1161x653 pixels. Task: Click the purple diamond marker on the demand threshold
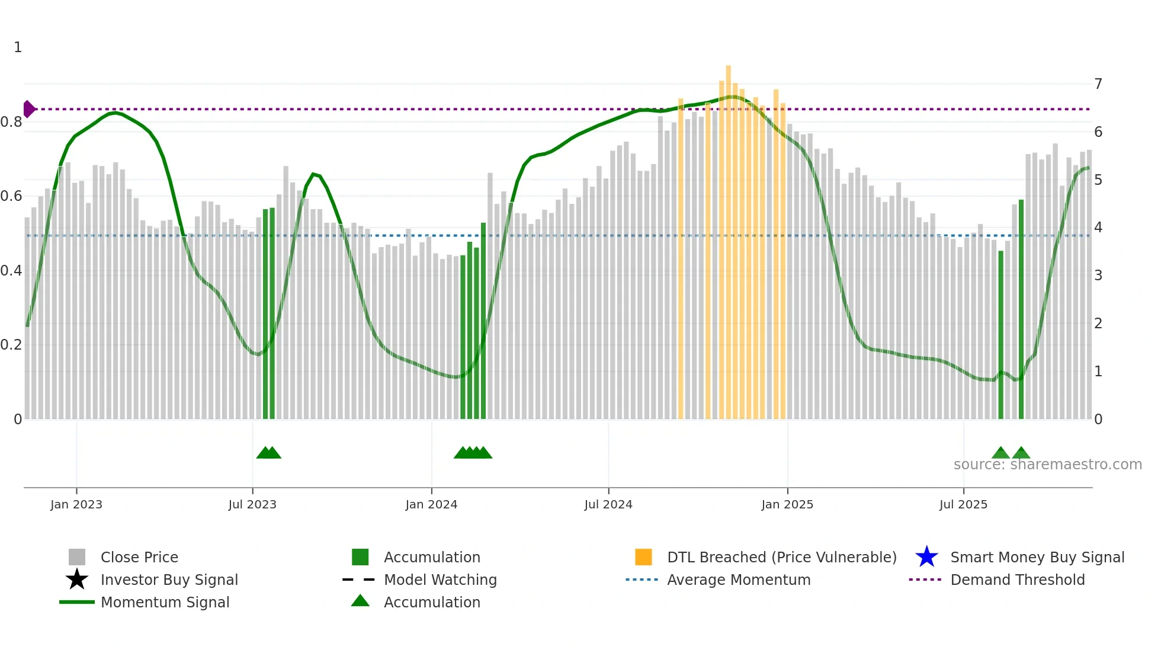28,109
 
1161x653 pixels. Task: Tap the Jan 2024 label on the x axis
431,504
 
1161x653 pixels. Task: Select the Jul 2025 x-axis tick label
963,504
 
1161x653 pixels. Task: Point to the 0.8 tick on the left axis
11,122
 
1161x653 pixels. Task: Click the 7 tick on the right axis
1098,84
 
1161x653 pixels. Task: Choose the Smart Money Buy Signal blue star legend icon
926,557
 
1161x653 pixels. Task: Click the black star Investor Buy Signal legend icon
77,580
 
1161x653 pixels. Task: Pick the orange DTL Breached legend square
643,557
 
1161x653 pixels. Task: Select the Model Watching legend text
440,580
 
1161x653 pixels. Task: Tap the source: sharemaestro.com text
1047,465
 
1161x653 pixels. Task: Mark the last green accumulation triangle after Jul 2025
1021,453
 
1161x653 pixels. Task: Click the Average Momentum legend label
739,580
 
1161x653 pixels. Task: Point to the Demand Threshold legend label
1017,580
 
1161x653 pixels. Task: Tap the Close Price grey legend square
77,557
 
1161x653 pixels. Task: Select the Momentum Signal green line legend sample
77,602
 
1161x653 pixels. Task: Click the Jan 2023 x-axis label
76,504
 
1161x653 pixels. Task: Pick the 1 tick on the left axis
18,47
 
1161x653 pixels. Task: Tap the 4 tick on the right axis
1098,228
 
